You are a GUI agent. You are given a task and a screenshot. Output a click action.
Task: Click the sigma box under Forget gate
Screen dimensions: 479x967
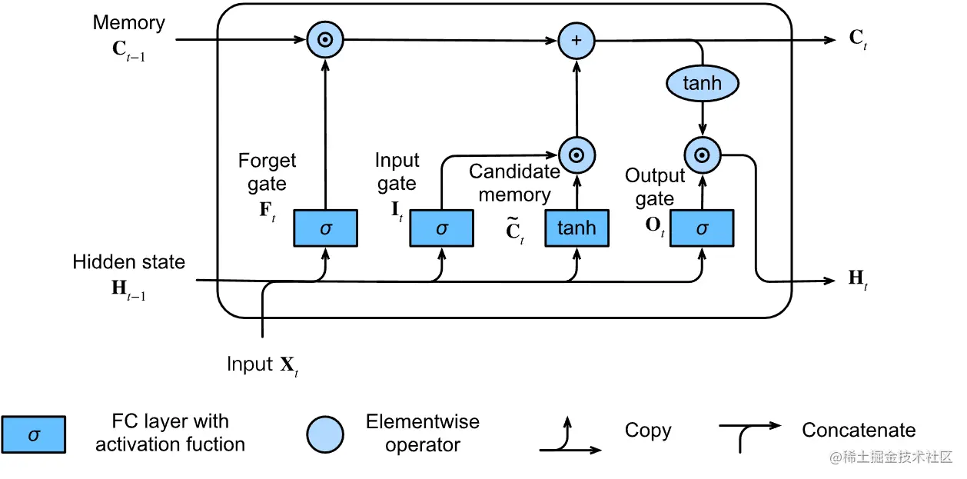tap(325, 228)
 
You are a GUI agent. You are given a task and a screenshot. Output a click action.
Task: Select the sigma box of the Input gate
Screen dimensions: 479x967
tap(441, 228)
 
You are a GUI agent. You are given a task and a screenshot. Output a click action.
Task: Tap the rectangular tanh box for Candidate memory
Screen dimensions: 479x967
tap(577, 228)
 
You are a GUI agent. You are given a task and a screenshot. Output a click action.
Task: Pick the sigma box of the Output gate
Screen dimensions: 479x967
tap(701, 228)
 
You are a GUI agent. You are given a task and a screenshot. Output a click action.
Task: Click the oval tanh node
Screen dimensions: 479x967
tap(702, 83)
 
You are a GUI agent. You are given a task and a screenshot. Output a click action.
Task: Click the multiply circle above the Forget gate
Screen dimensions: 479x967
tap(324, 40)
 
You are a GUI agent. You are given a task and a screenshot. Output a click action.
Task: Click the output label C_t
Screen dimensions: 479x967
tap(859, 40)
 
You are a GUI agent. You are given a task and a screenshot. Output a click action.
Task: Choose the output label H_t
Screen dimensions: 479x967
tap(858, 280)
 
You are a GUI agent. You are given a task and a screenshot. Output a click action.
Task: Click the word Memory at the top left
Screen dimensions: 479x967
tap(128, 23)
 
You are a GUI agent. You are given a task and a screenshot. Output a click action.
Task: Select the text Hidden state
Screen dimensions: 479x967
tap(128, 262)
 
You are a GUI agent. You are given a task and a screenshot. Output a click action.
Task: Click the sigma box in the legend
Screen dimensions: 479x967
tap(33, 434)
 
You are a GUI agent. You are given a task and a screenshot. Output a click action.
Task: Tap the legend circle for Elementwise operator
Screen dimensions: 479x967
tap(325, 434)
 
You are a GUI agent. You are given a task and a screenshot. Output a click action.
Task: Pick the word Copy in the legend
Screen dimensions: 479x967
tap(648, 431)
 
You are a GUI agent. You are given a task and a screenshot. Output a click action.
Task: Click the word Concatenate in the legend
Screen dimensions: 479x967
tap(859, 431)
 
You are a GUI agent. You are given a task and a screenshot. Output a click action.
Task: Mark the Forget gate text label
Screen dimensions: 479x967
tap(267, 172)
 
